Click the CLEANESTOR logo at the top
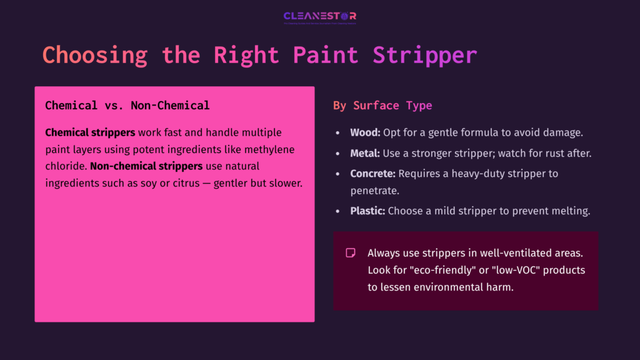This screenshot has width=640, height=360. coord(319,17)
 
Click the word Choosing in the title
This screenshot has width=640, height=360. coord(95,55)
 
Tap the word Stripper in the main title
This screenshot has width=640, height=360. coord(425,55)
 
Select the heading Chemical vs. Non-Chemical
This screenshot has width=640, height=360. coord(127,106)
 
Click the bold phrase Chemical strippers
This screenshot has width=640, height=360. coord(90,133)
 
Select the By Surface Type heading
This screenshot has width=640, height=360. coord(382,106)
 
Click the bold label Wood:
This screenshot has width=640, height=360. coord(365,133)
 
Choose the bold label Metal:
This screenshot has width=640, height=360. coord(366,153)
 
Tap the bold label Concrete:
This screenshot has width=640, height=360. coord(373,173)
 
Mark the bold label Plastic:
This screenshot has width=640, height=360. coord(367,211)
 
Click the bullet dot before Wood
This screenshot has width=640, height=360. coord(338,134)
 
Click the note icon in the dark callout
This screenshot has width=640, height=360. coord(351,253)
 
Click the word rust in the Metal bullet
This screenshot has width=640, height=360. coord(549,153)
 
